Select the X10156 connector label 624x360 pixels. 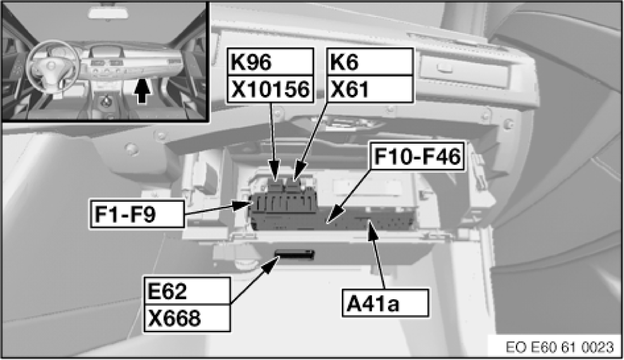(x=270, y=90)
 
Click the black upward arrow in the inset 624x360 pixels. (x=144, y=92)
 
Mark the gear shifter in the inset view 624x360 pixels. (x=104, y=101)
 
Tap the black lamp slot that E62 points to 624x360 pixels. (x=295, y=255)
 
